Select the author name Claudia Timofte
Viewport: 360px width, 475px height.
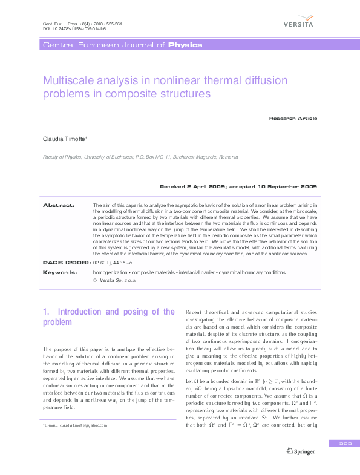coord(64,139)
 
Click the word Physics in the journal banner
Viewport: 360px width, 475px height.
coord(185,45)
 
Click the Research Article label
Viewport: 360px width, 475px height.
coord(293,118)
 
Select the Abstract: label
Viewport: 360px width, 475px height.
coord(58,206)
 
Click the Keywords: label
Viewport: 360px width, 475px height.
coord(60,273)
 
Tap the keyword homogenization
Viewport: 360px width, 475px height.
coord(111,273)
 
